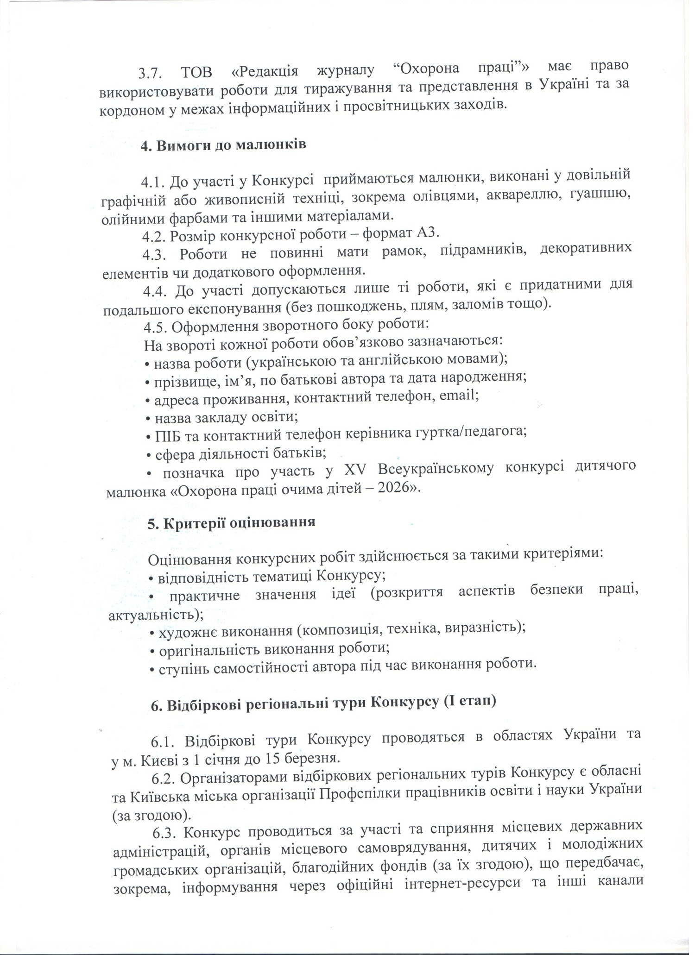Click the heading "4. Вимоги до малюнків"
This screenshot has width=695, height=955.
223,145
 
